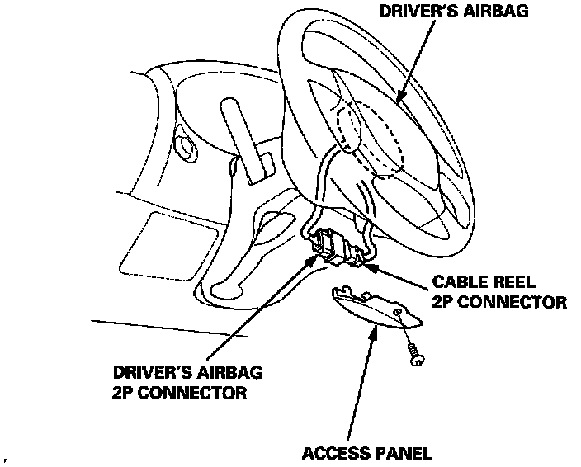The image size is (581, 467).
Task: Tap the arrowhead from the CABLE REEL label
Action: [x=366, y=266]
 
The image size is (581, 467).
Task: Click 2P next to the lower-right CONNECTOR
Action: [x=442, y=302]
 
